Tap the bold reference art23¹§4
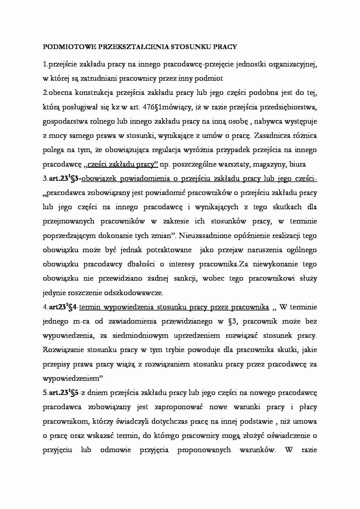[x=62, y=307]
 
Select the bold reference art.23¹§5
[x=64, y=393]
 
